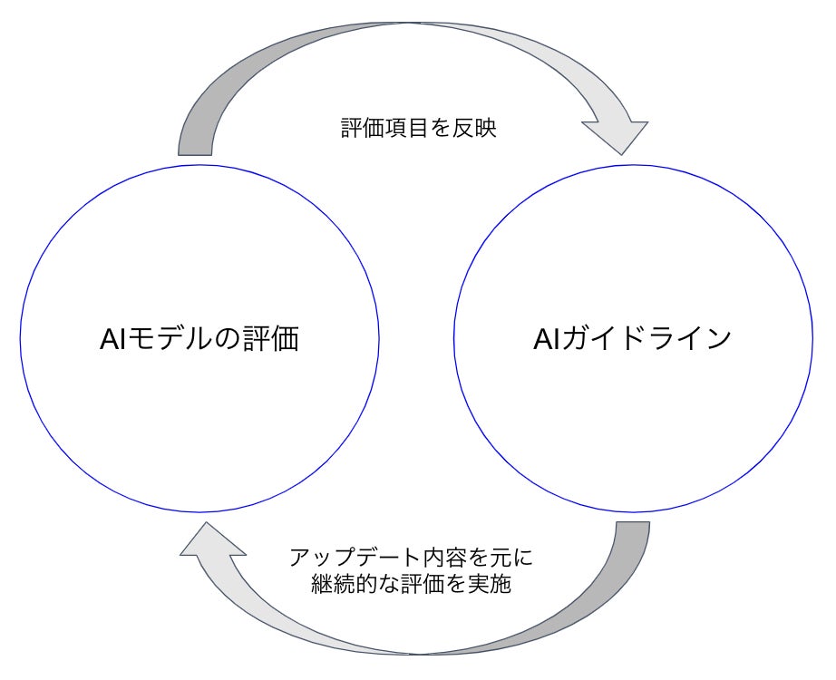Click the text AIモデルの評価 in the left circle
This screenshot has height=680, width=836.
pos(199,339)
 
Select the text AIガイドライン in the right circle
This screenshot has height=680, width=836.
pos(632,339)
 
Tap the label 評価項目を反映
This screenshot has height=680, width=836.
pos(418,129)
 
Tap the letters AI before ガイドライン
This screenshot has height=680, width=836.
pos(549,339)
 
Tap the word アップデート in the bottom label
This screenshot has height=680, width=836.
pos(345,556)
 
